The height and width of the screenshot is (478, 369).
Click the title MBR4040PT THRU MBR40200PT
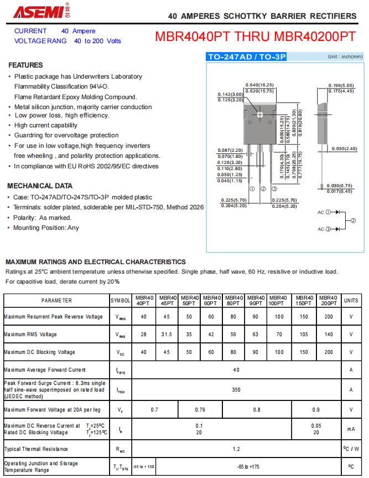click(x=256, y=37)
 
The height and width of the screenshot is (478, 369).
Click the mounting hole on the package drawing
click(x=260, y=115)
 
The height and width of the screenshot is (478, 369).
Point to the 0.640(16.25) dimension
click(x=259, y=85)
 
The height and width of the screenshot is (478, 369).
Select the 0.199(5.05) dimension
click(x=341, y=85)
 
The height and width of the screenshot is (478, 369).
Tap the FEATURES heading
click(x=25, y=65)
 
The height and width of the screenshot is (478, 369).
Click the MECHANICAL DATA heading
click(x=40, y=186)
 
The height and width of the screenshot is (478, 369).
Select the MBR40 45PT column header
click(x=167, y=300)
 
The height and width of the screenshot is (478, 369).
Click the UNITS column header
click(x=351, y=300)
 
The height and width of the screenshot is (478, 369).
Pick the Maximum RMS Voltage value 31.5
click(x=167, y=335)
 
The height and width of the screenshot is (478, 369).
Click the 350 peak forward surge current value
click(x=236, y=390)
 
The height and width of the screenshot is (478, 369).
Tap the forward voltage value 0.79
click(x=200, y=410)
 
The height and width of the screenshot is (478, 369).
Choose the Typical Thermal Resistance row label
click(x=36, y=449)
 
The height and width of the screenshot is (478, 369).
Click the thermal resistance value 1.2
click(x=236, y=449)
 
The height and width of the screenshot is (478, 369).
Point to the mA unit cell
click(x=351, y=429)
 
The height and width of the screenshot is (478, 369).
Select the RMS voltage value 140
click(x=329, y=335)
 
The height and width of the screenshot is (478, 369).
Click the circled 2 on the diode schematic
click(x=353, y=221)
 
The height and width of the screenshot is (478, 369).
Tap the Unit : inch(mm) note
click(x=345, y=56)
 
